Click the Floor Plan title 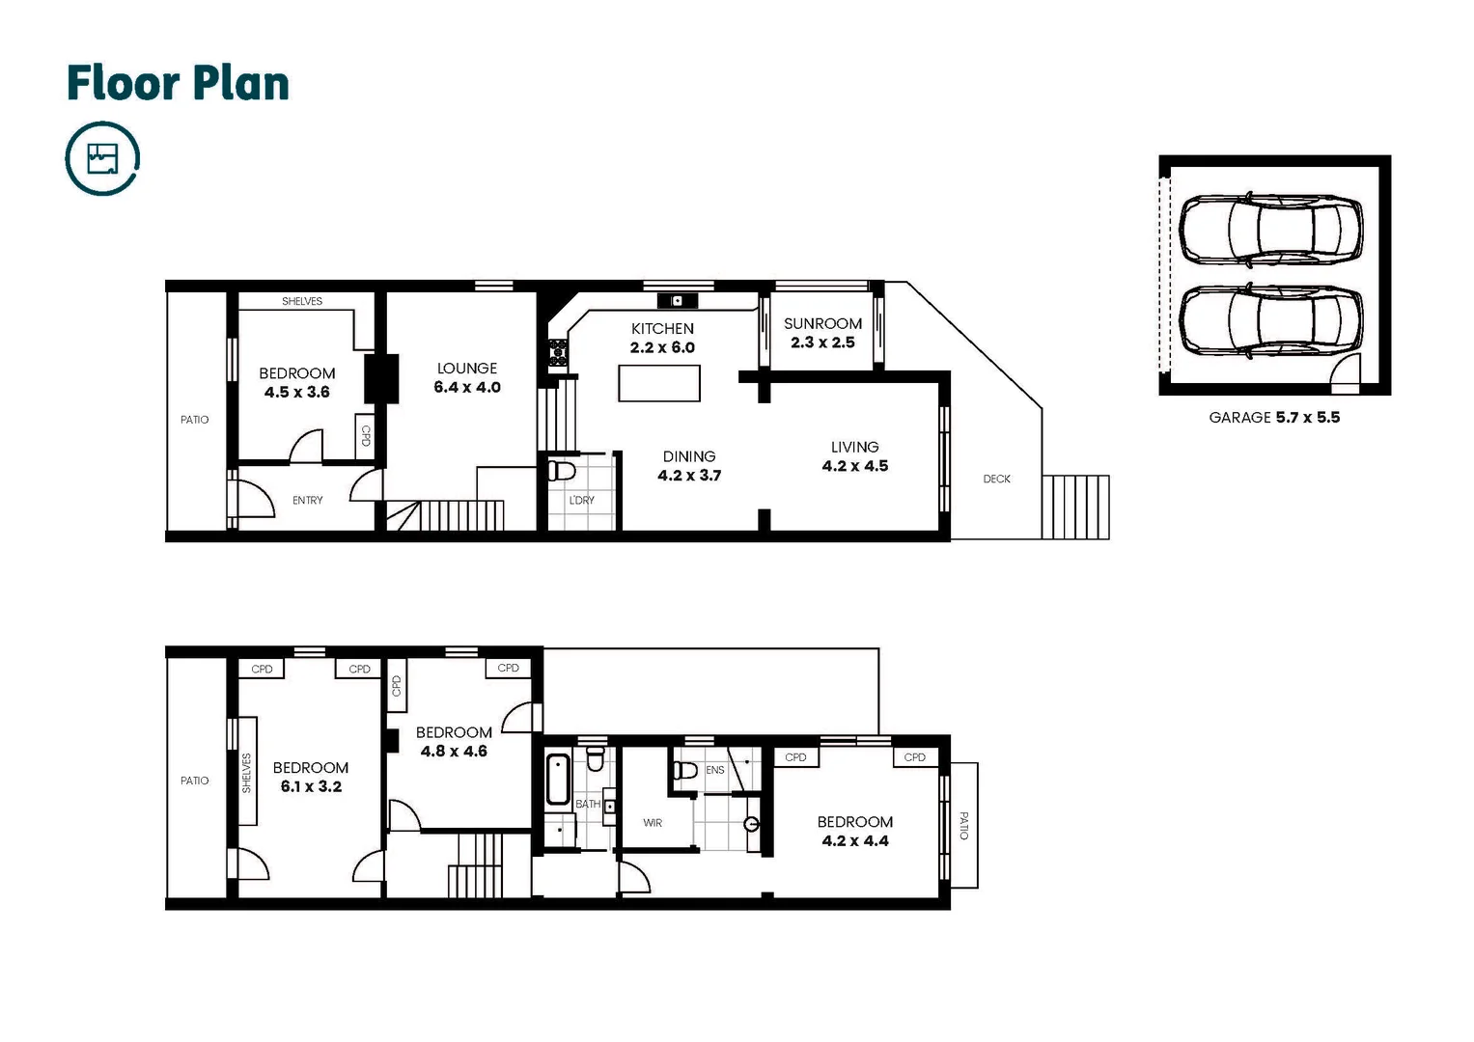pyautogui.click(x=178, y=83)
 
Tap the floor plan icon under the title pyautogui.click(x=102, y=157)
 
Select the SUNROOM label pyautogui.click(x=822, y=324)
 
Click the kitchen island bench pyautogui.click(x=659, y=383)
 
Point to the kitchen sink pyautogui.click(x=678, y=300)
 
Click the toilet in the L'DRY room pyautogui.click(x=561, y=472)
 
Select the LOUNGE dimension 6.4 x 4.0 pyautogui.click(x=467, y=388)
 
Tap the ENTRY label pyautogui.click(x=308, y=500)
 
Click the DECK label pyautogui.click(x=997, y=479)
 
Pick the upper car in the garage pyautogui.click(x=1270, y=228)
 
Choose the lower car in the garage pyautogui.click(x=1270, y=321)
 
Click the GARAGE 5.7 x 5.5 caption pyautogui.click(x=1274, y=418)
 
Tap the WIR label pyautogui.click(x=653, y=823)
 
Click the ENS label pyautogui.click(x=715, y=770)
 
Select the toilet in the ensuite pyautogui.click(x=684, y=771)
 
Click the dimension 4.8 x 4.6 pyautogui.click(x=454, y=752)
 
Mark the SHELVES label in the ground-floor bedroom pyautogui.click(x=302, y=301)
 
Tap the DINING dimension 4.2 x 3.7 pyautogui.click(x=689, y=476)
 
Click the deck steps pyautogui.click(x=1075, y=507)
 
